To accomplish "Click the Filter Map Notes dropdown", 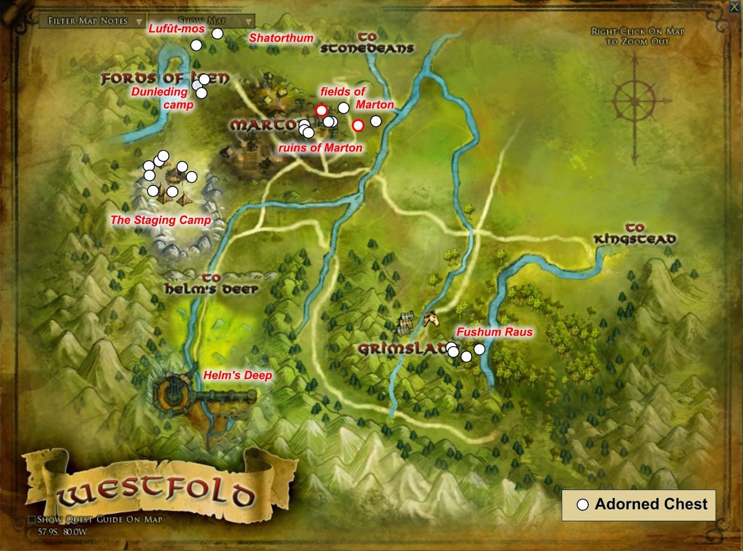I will [92, 21].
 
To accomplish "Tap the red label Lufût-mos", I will [176, 29].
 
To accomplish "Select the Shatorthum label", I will [281, 38].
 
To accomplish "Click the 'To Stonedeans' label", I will [367, 43].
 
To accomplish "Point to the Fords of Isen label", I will [165, 78].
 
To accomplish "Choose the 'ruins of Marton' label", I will [320, 148].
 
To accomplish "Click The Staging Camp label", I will [161, 220].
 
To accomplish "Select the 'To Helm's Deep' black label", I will [211, 284].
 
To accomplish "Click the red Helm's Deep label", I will [238, 375].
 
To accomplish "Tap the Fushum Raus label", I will [495, 332].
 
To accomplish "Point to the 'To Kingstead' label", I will [635, 234].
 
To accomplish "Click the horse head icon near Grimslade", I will [430, 319].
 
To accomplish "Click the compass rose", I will [634, 101].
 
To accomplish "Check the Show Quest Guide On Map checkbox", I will [32, 519].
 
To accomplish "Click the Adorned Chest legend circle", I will [582, 505].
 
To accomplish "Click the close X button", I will [734, 7].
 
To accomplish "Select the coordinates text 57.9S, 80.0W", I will [62, 532].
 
